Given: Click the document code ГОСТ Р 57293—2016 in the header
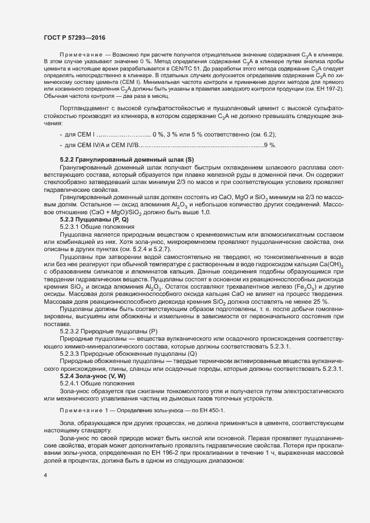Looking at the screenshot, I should pyautogui.click(x=74, y=37).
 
